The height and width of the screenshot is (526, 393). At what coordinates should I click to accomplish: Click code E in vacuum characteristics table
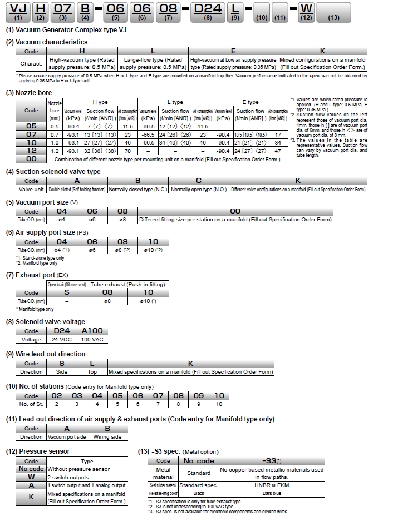click(x=233, y=51)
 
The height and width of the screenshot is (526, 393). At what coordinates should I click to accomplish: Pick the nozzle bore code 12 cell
click(x=32, y=151)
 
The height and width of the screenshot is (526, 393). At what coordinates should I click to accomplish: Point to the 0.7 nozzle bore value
click(x=55, y=135)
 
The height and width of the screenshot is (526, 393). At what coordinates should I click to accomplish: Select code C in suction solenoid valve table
click(x=199, y=181)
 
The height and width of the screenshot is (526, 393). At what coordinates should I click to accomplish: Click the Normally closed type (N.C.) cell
click(x=137, y=190)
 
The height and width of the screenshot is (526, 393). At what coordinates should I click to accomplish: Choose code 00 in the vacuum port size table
click(x=235, y=211)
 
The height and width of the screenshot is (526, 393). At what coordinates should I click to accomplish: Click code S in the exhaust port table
click(x=67, y=292)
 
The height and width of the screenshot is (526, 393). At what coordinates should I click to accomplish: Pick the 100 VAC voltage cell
click(x=93, y=339)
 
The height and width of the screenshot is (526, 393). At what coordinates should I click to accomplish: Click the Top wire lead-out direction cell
click(x=92, y=371)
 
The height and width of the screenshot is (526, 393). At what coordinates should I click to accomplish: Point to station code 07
click(x=158, y=395)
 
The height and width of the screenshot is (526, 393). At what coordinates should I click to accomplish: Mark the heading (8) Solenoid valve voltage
click(x=46, y=321)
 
